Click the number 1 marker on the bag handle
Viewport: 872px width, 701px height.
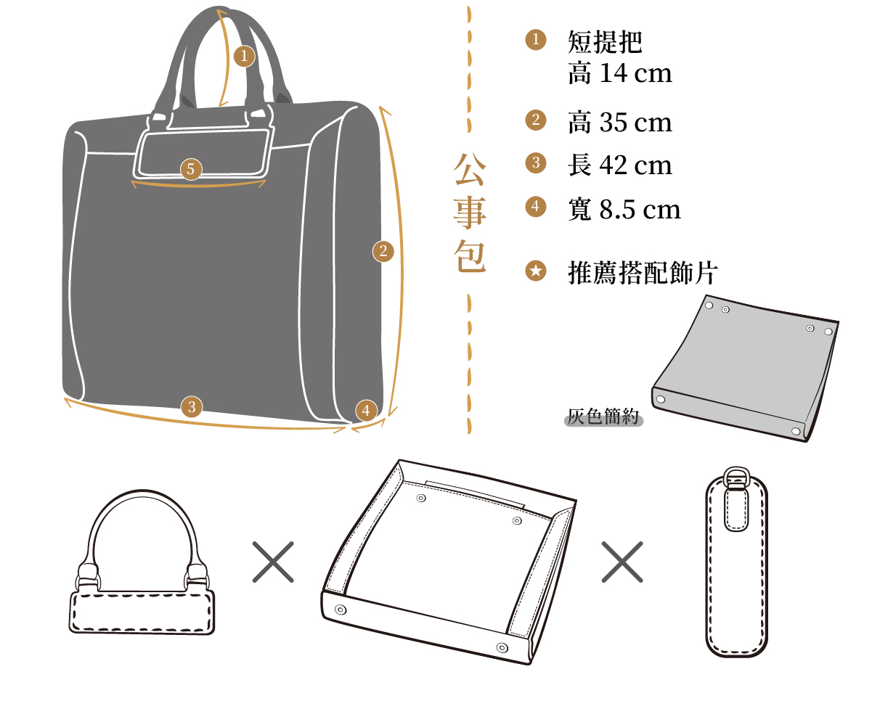coord(244,56)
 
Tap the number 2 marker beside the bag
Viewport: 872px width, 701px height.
coord(383,252)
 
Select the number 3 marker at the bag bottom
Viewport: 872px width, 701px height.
coord(192,406)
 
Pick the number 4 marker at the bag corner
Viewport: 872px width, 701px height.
coord(366,411)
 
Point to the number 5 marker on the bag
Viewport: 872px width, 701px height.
coord(191,169)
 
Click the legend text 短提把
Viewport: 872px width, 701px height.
coord(605,42)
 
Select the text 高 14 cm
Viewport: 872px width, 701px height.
coord(620,73)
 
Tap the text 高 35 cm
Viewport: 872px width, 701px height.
coord(620,123)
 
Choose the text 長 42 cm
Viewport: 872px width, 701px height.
coord(620,165)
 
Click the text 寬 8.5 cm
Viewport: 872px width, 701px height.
coord(624,210)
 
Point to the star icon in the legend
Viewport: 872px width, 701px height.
coord(536,271)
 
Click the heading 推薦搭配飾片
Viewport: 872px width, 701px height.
coord(643,273)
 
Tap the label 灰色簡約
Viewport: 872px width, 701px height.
coord(603,417)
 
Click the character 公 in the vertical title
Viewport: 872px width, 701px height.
coord(470,169)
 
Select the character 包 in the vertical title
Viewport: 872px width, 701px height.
coord(470,256)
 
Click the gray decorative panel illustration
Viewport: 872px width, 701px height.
coord(745,369)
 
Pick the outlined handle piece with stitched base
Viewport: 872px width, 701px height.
coord(142,612)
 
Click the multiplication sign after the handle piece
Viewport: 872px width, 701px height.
coord(273,562)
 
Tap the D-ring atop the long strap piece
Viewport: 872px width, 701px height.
coord(736,476)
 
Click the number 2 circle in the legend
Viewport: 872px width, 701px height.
coord(536,120)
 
